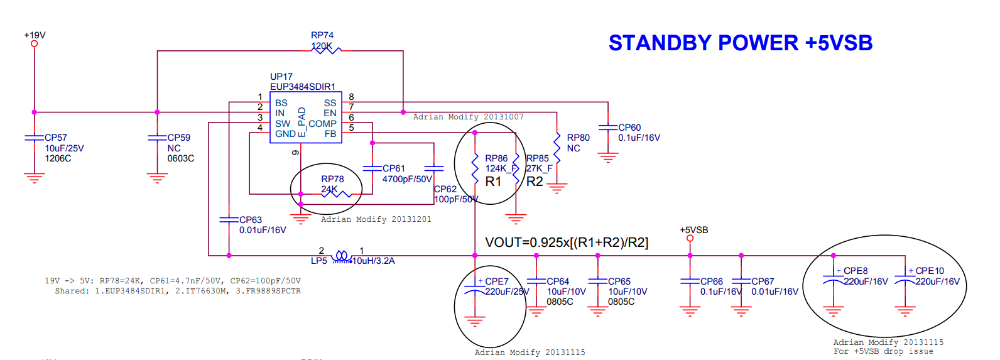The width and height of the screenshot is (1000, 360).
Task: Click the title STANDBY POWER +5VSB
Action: coord(740,43)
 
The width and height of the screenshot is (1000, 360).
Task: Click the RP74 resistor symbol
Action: coord(327,50)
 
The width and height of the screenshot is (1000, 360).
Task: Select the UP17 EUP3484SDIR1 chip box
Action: coord(306,117)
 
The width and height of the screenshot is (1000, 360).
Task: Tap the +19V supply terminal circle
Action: coord(35,44)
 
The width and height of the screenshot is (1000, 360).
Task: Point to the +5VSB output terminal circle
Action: coord(690,238)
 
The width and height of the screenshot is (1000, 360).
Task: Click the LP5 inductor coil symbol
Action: coord(342,256)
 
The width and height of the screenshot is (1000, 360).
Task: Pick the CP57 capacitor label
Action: coord(56,138)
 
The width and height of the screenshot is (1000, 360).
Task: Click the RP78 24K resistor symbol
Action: coord(336,194)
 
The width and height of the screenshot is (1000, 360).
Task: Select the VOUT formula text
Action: coord(567,243)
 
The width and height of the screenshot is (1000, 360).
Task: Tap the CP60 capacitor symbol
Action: coord(607,128)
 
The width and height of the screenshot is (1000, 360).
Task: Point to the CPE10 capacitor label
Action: coord(930,271)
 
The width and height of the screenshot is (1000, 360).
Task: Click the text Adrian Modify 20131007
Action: coord(468,117)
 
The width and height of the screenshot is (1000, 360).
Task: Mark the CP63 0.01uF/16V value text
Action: coord(263,230)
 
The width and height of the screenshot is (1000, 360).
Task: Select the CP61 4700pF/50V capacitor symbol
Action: coord(372,168)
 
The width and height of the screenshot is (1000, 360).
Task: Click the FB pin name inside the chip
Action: coord(330,134)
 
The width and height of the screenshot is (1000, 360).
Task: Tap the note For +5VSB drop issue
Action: coord(883,351)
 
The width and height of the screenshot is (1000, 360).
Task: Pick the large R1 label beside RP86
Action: coord(494,182)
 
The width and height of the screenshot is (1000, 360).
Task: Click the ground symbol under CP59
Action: coord(157,178)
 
